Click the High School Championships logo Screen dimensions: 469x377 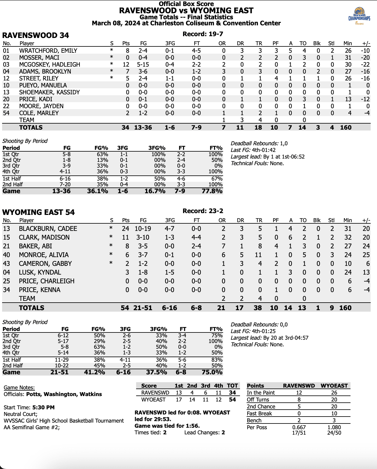click(359, 17)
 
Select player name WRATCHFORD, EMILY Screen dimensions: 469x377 click(48, 51)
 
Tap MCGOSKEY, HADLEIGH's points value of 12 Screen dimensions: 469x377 click(126, 65)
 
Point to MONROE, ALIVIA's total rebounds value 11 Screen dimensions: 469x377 click(258, 255)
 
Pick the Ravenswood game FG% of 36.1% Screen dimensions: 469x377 click(98, 191)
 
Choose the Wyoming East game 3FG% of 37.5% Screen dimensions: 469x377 click(157, 372)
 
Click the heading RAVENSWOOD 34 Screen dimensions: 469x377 click(36, 36)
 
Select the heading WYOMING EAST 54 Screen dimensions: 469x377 click(38, 212)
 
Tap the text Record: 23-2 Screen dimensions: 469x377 click(203, 211)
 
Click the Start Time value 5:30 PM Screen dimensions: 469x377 click(44, 408)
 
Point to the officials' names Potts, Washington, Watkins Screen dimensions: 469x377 click(64, 394)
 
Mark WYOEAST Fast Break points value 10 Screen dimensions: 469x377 click(334, 414)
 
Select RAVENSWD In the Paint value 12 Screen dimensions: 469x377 click(299, 393)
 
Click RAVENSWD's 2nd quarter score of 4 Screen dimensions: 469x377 click(192, 393)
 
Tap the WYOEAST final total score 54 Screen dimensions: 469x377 click(232, 400)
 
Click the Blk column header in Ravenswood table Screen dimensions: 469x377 click(317, 43)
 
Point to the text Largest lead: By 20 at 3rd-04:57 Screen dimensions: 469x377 click(270, 338)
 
